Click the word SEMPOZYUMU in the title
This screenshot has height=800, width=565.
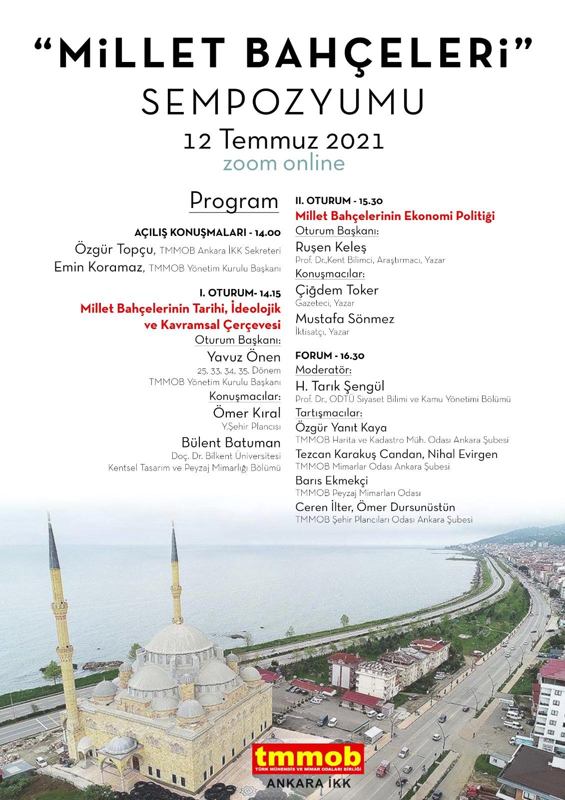[283, 102]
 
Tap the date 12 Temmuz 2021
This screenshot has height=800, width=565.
[283, 140]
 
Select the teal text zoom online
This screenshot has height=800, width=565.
[283, 163]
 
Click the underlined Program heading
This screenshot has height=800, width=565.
[234, 201]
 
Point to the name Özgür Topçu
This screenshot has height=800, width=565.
[114, 249]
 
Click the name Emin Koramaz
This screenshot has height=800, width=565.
[98, 267]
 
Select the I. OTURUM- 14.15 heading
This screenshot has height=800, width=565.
[240, 293]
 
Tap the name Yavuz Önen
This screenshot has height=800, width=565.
[244, 357]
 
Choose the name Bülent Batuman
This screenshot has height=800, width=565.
[231, 442]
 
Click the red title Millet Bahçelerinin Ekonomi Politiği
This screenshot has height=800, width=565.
[395, 216]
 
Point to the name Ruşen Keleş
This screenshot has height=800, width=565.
[331, 247]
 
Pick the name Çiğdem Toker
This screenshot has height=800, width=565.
[337, 290]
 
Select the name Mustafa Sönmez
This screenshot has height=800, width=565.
[345, 318]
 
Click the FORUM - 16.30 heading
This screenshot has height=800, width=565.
[330, 356]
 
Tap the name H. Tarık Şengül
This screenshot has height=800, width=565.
[340, 386]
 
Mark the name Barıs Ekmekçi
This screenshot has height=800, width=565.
[331, 480]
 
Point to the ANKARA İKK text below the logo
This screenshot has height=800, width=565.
[308, 783]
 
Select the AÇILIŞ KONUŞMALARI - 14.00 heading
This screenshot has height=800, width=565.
[207, 232]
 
